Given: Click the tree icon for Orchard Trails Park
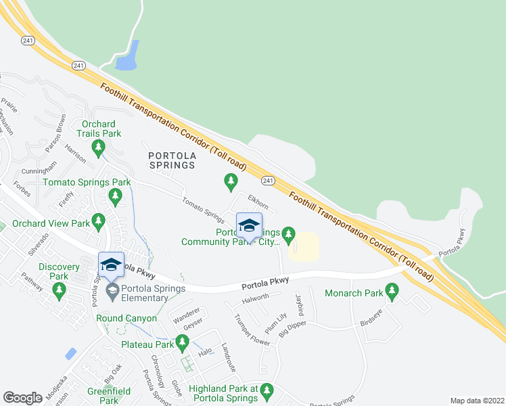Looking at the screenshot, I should [x=99, y=148].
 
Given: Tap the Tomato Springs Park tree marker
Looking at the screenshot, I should [x=115, y=196].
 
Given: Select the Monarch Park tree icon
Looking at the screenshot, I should [x=392, y=292].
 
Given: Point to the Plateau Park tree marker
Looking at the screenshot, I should [x=181, y=342].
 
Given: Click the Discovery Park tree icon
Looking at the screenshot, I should [x=59, y=291].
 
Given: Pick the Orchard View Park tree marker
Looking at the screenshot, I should [x=99, y=221].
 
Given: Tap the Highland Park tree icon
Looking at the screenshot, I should [x=267, y=390].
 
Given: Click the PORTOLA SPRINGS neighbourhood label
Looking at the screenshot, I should [x=171, y=160].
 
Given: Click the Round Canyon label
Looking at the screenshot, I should [x=127, y=318].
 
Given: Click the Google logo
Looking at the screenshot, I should [x=22, y=397].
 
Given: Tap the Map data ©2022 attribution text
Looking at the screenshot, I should [x=476, y=401].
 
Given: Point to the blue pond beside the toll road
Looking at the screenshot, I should [x=128, y=56].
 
